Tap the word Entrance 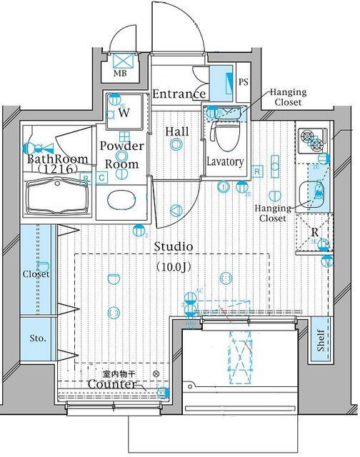179,94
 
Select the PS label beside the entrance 244,83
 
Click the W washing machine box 124,111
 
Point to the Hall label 176,131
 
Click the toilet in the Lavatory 226,135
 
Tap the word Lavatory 226,162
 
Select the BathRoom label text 57,159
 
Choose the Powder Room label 121,154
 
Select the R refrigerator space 315,233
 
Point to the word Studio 174,246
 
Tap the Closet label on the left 36,274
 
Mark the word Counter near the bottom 111,385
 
